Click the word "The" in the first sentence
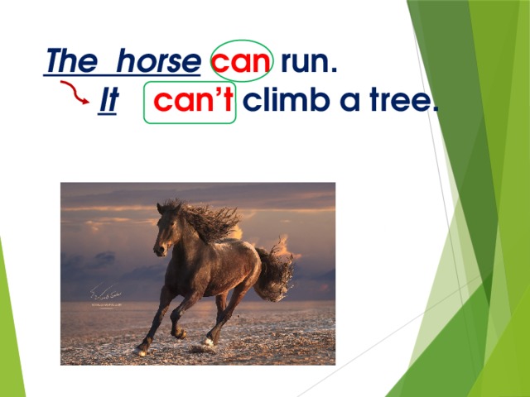pos(70,61)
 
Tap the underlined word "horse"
pos(158,61)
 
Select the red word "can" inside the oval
pos(240,61)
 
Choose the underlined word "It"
pos(107,102)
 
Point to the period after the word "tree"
pos(434,111)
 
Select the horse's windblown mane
pos(207,219)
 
